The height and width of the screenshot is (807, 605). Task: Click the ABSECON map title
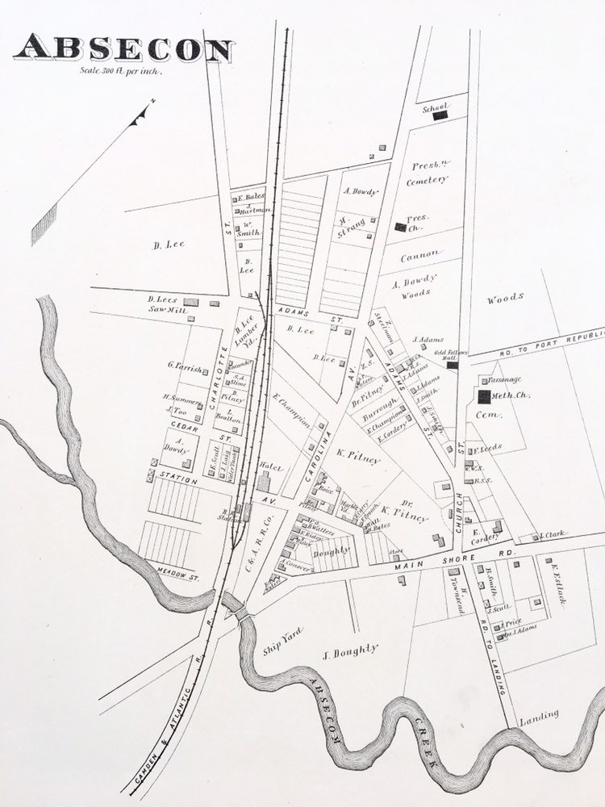[x=123, y=50]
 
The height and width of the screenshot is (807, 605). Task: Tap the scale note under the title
[x=121, y=71]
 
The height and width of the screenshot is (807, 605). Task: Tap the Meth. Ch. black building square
[x=484, y=396]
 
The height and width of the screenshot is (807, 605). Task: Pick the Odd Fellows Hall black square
[x=453, y=365]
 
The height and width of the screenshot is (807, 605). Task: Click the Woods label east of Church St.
[x=506, y=299]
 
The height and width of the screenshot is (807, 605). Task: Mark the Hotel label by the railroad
[x=268, y=466]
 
